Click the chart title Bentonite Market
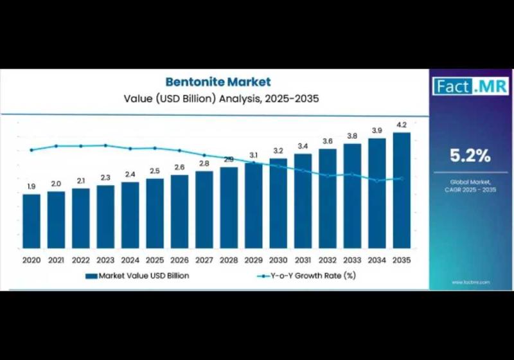click(x=218, y=82)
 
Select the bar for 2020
click(x=31, y=221)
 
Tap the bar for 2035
click(x=402, y=190)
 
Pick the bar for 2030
click(x=278, y=203)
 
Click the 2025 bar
click(x=155, y=213)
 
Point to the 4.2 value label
click(x=402, y=125)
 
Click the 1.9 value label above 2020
click(x=31, y=186)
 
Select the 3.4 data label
click(x=303, y=146)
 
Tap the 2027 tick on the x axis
click(x=204, y=260)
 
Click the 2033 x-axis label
click(x=352, y=260)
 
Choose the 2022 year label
click(x=80, y=260)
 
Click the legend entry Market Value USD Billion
click(x=137, y=276)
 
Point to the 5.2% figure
click(x=470, y=155)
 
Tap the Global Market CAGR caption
click(x=470, y=186)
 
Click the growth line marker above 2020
click(x=31, y=150)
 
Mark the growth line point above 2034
click(x=377, y=181)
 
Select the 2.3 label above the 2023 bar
click(x=105, y=177)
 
